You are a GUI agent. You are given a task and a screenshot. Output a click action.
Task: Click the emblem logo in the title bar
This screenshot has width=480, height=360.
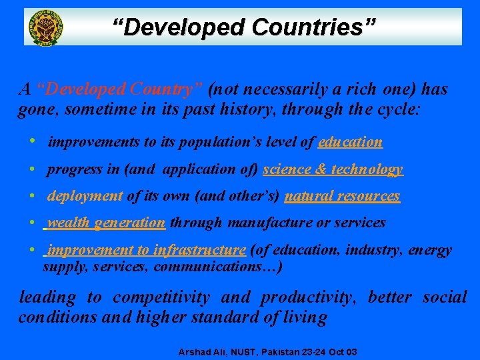[x=44, y=27]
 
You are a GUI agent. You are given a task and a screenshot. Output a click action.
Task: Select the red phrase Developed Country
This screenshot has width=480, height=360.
[x=120, y=89]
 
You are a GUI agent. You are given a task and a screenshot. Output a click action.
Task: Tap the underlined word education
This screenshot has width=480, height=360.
[x=351, y=142]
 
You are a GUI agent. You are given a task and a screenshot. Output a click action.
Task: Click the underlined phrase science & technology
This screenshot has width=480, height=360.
[x=333, y=169]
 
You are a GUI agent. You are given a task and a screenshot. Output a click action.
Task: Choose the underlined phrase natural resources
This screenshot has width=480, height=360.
[x=342, y=196]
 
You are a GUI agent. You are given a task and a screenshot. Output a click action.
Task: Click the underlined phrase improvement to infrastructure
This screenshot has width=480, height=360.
[x=146, y=250]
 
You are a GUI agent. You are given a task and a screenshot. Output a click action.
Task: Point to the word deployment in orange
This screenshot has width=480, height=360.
[x=85, y=196]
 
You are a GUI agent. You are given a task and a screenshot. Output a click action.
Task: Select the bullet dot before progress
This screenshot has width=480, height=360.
[x=32, y=169]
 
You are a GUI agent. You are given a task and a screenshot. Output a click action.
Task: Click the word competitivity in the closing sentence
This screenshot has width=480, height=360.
[x=161, y=297]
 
